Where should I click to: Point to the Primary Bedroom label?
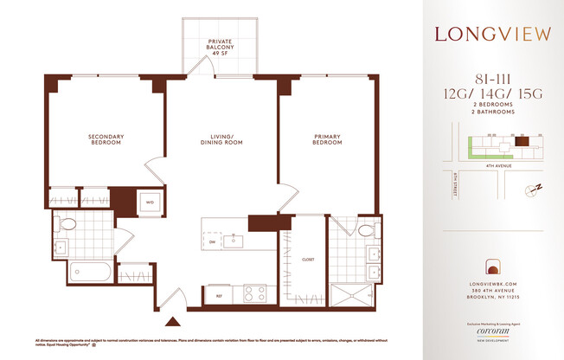point(327,138)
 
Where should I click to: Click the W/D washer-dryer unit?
point(150,203)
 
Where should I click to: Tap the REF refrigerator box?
point(219,294)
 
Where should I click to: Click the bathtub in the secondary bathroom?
point(81,272)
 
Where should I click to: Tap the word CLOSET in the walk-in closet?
point(308,260)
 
